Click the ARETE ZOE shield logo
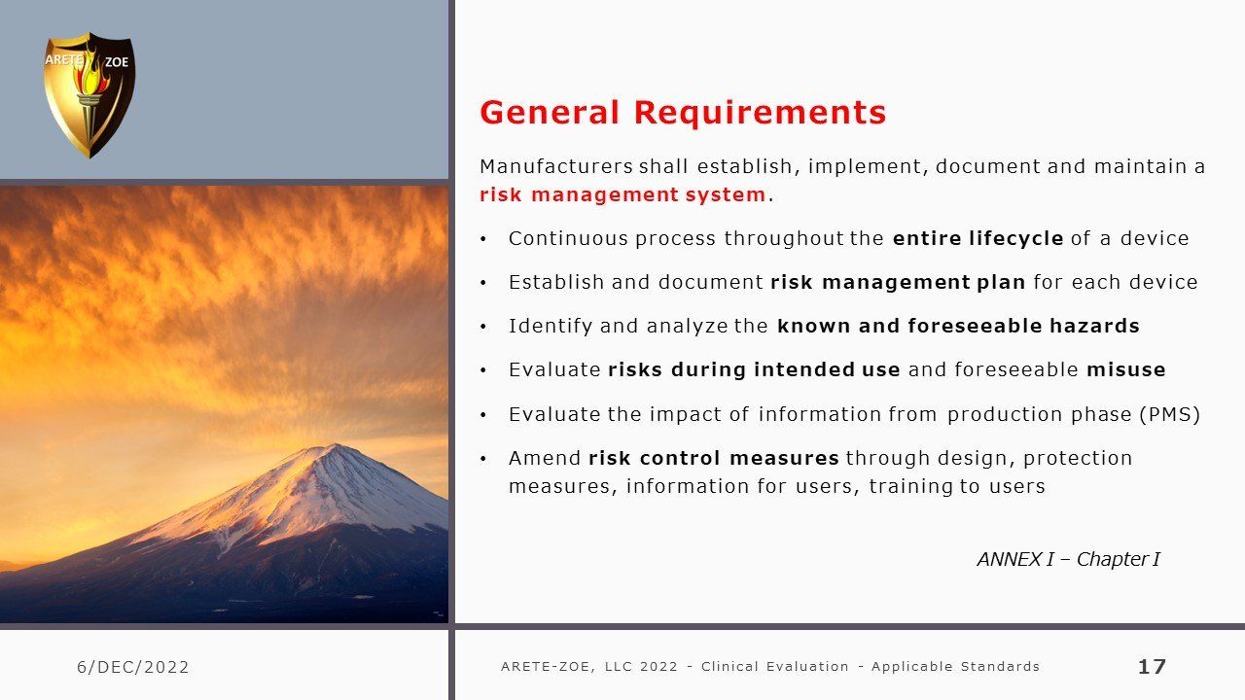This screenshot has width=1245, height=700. pos(89,95)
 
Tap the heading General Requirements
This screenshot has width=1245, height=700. pos(683,113)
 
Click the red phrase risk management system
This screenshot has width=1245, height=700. pos(623,194)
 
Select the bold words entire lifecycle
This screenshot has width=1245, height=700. pos(978,238)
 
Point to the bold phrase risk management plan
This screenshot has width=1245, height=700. pos(898,282)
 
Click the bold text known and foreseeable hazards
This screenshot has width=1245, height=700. pos(958,326)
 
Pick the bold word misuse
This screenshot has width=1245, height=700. pos(1126,369)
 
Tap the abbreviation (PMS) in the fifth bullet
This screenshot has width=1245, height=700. pos(1169,414)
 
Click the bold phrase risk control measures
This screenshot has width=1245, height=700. pos(714,458)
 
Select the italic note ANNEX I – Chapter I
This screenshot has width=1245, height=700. pos(1068,559)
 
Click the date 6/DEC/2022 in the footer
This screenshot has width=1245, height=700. pos(133,667)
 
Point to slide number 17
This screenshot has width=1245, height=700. pos(1152,667)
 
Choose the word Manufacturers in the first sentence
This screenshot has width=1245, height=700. pos(555,166)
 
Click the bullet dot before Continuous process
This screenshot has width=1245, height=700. pos(483,239)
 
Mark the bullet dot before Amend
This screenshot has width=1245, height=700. pos(483,459)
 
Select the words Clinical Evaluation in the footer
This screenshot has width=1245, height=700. pos(775,667)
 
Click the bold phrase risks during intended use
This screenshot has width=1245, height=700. pos(754,369)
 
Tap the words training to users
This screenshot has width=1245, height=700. pos(957,486)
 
